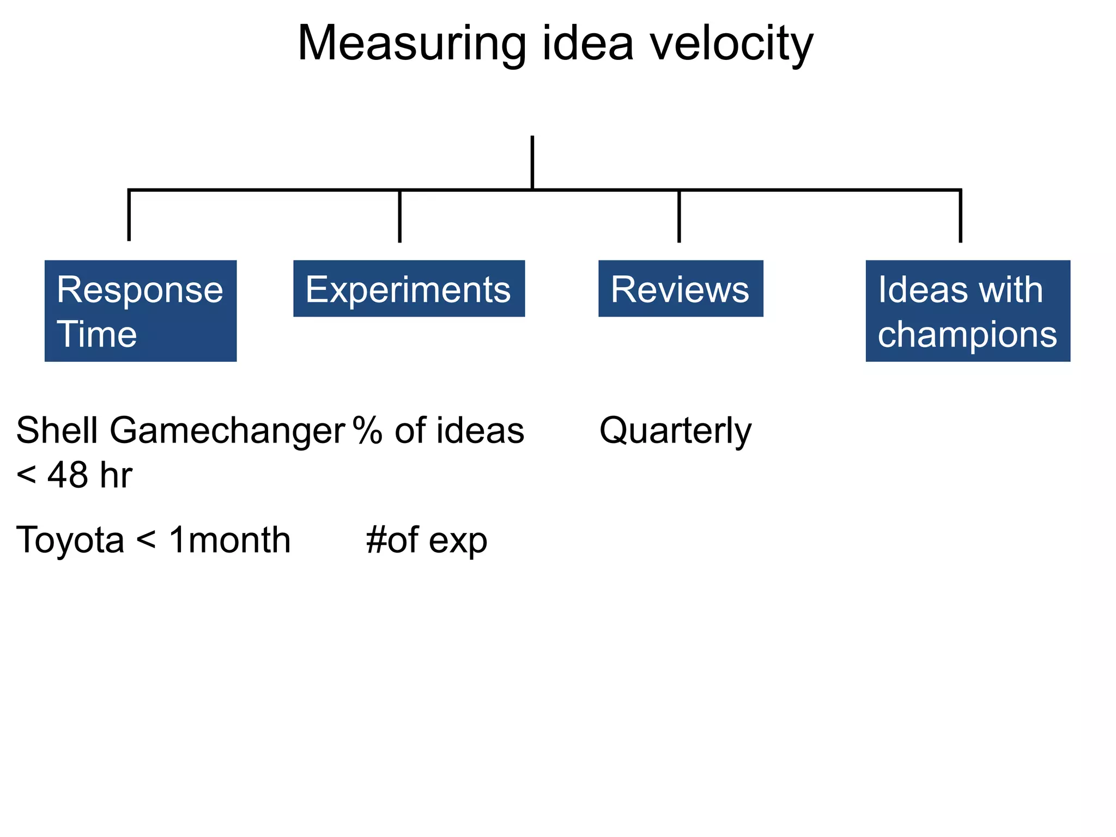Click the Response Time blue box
point(141,311)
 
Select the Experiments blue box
point(409,289)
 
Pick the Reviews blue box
point(681,289)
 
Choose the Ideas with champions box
point(968,311)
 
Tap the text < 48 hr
point(74,475)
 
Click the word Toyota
point(70,541)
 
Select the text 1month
point(229,541)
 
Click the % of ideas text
point(439,430)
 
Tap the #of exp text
point(427,541)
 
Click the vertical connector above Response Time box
point(129,215)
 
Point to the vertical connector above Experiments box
point(400,216)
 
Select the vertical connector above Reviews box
point(679,216)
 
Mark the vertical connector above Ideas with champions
point(960,216)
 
